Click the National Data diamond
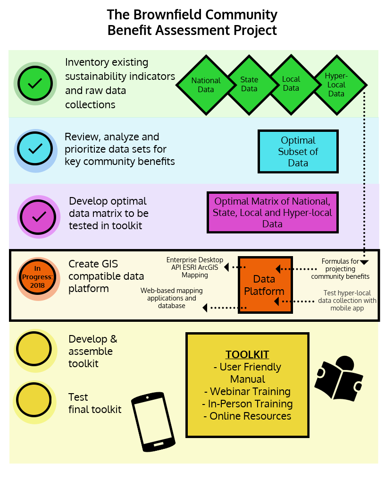(x=206, y=85)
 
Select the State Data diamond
(x=249, y=85)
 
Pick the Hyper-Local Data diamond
(x=336, y=85)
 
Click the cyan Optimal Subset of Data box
(x=298, y=152)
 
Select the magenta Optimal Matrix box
(x=272, y=213)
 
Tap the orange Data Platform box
(x=265, y=285)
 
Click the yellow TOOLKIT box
(x=247, y=385)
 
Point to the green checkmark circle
(x=35, y=84)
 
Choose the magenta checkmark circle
(x=39, y=216)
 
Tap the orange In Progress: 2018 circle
(x=38, y=279)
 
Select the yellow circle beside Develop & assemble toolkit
(x=34, y=349)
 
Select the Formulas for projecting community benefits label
(x=340, y=268)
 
